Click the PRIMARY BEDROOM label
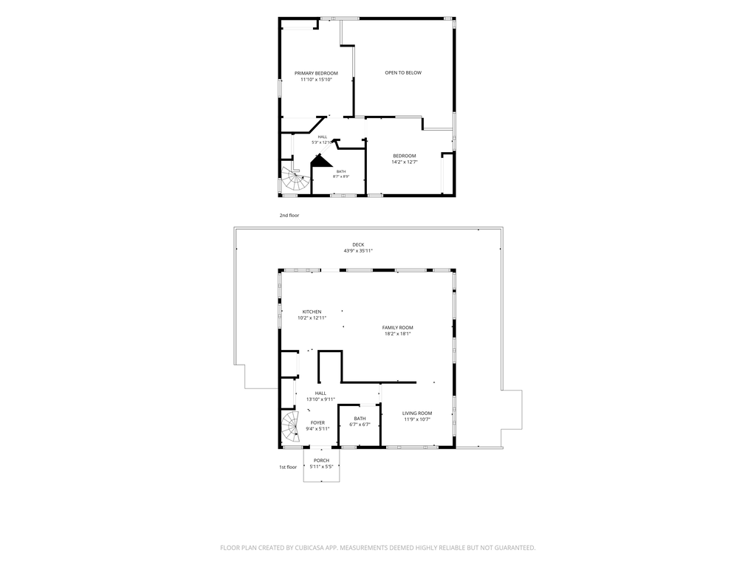(x=316, y=73)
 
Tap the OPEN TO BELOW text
(x=403, y=73)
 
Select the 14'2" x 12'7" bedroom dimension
(x=405, y=162)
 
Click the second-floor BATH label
(x=341, y=171)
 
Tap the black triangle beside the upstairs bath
(x=320, y=161)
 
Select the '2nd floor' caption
(x=289, y=216)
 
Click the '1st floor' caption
(x=288, y=467)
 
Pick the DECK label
(x=358, y=245)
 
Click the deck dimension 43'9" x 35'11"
(x=358, y=251)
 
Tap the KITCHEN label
(x=312, y=312)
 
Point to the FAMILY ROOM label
(x=398, y=328)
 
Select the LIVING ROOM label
(x=417, y=413)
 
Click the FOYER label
(x=317, y=423)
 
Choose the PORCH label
(x=322, y=461)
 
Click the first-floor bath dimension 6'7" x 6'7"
(x=360, y=425)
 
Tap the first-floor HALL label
(x=320, y=394)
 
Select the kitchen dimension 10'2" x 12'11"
(x=312, y=318)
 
